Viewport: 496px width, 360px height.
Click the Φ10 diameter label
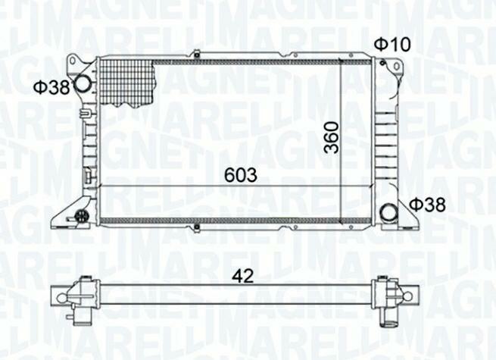(x=392, y=44)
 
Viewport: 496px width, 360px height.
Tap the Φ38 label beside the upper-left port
(x=51, y=87)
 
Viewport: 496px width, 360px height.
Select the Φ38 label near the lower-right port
(x=427, y=205)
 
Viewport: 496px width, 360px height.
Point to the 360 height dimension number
(x=332, y=138)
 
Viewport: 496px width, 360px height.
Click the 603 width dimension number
(x=241, y=175)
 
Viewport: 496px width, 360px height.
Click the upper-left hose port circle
(x=83, y=84)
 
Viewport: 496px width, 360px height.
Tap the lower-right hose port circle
(x=388, y=213)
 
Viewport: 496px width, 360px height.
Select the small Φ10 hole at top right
(x=382, y=63)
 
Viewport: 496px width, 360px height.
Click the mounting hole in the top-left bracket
(x=73, y=61)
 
